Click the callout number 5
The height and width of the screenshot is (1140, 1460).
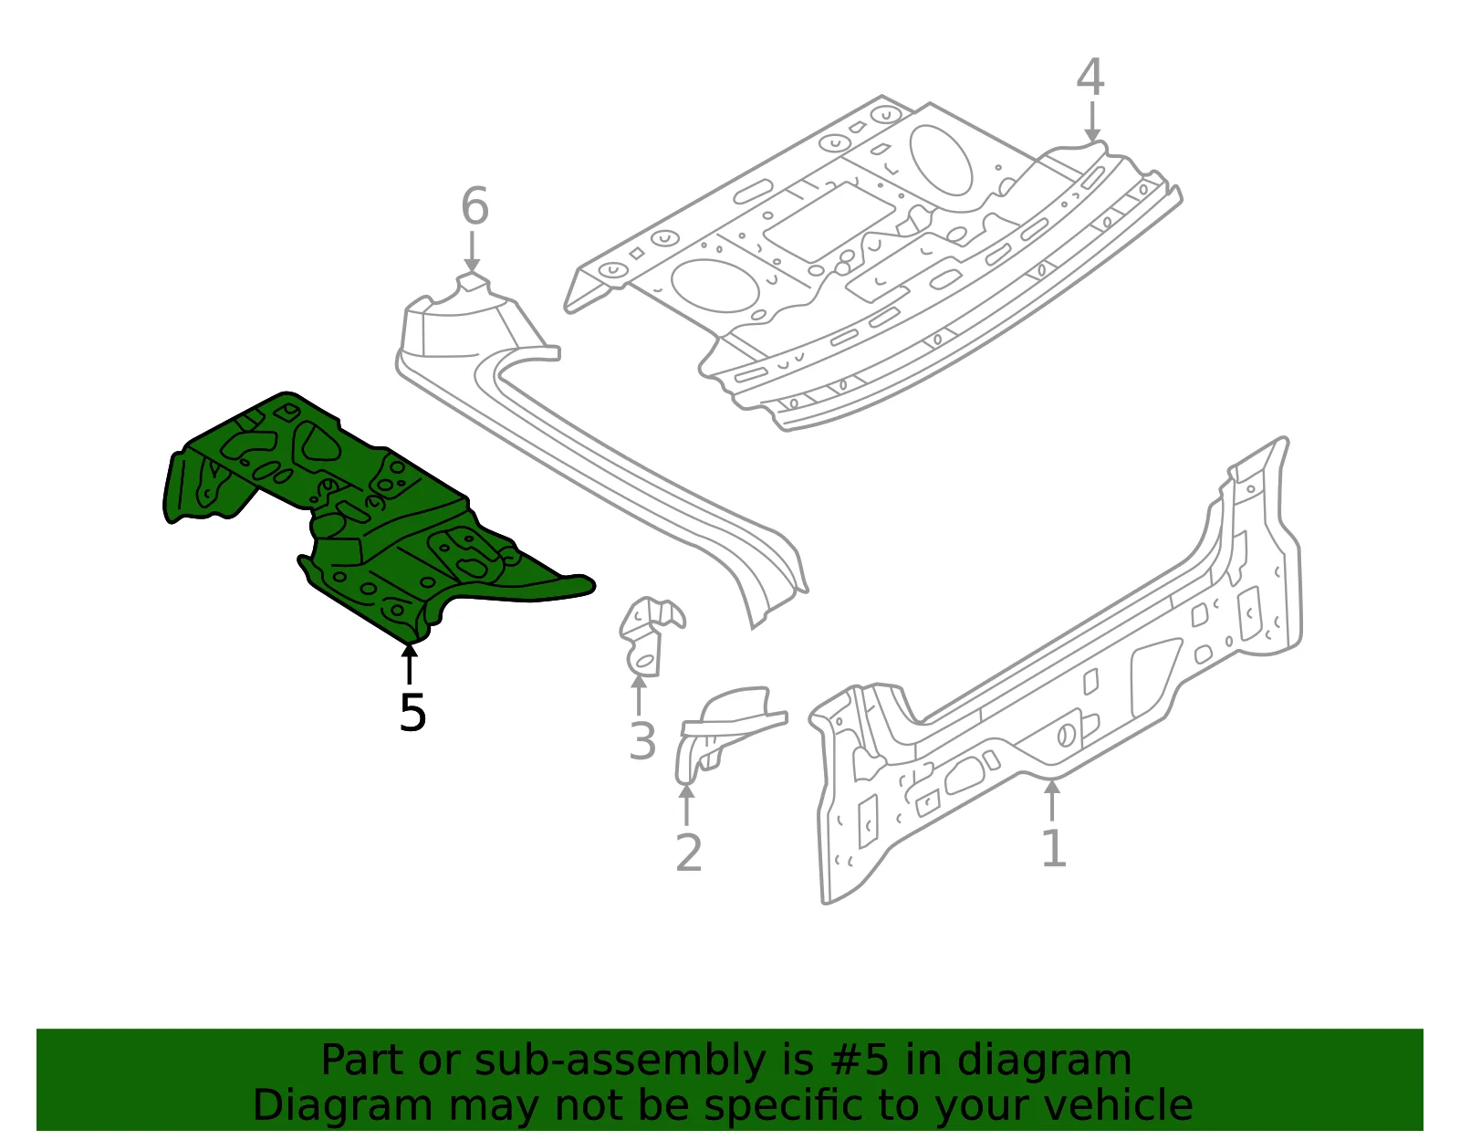point(412,712)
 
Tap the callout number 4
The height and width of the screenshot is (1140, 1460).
point(1090,77)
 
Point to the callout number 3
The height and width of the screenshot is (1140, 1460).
point(641,742)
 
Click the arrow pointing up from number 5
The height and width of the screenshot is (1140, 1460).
point(409,664)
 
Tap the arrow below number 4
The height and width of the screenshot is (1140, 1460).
point(1092,122)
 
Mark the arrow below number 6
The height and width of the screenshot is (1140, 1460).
point(472,252)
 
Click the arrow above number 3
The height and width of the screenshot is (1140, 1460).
point(638,695)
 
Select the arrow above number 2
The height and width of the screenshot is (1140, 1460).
point(686,804)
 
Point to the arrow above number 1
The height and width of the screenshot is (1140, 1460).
point(1052,799)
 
